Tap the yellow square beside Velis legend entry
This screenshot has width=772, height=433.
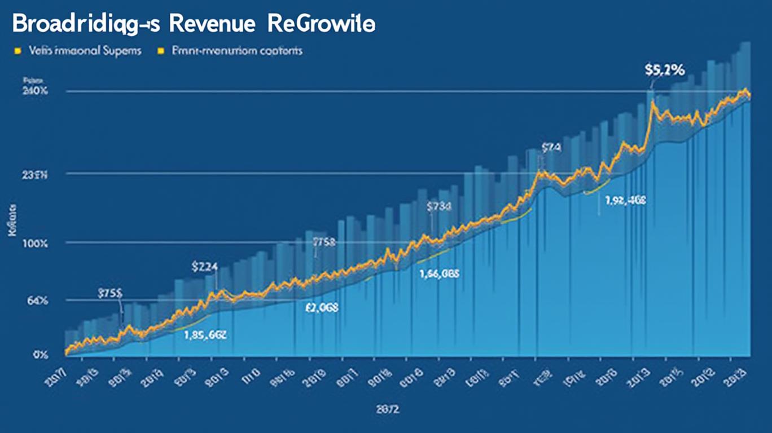coord(17,51)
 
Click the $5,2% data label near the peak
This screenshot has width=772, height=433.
coord(664,70)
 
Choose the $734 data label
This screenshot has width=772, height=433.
coord(439,207)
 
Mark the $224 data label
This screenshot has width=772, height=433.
coord(205,267)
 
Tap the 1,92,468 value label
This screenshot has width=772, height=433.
coord(625,200)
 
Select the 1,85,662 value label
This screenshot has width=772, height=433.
coord(205,334)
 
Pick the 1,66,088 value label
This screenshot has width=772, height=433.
coord(439,274)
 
